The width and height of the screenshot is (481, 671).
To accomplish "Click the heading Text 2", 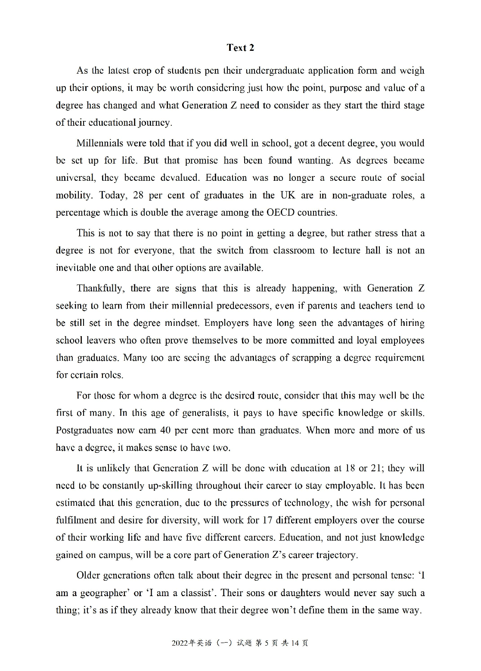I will point(240,48).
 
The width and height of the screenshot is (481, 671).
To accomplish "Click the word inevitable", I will point(76,268).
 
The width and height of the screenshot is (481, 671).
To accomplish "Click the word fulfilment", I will point(77,520).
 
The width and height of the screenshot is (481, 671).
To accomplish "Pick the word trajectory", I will point(336,555).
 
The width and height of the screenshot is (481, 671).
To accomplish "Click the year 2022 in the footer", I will point(179,643).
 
